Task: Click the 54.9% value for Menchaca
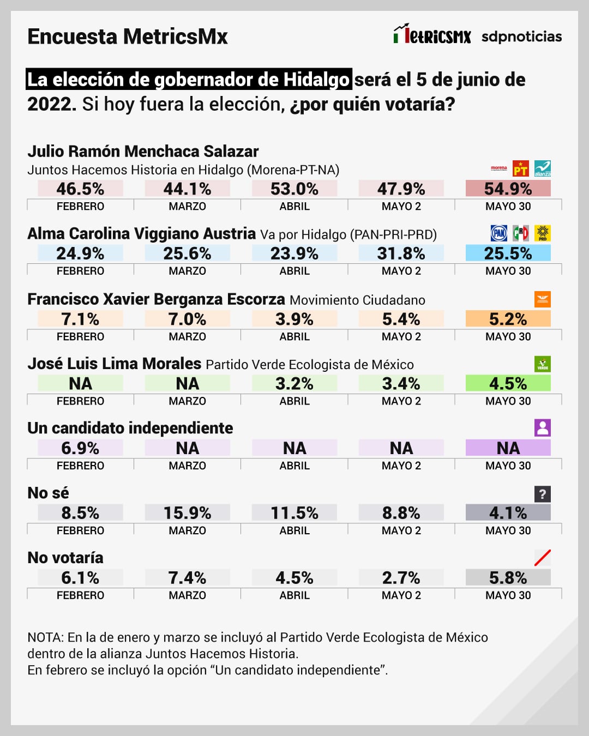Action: [508, 189]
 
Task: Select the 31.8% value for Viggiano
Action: [401, 254]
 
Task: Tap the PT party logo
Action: [521, 169]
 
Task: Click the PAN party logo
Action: [499, 233]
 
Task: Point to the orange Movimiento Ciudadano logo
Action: [543, 299]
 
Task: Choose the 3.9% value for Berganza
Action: [294, 319]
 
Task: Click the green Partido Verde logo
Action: [543, 364]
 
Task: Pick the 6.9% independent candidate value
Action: [80, 448]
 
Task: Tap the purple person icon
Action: [543, 428]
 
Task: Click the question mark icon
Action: [543, 494]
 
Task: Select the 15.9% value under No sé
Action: [187, 513]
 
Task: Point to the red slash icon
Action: [543, 558]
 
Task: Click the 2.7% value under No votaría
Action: [401, 578]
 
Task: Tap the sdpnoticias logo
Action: [521, 37]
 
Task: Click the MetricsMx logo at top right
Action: [432, 35]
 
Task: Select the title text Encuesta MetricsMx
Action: [128, 37]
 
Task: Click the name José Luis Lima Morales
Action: [115, 364]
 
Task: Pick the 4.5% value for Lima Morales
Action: [508, 383]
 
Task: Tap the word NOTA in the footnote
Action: [45, 637]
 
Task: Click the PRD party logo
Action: [543, 233]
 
